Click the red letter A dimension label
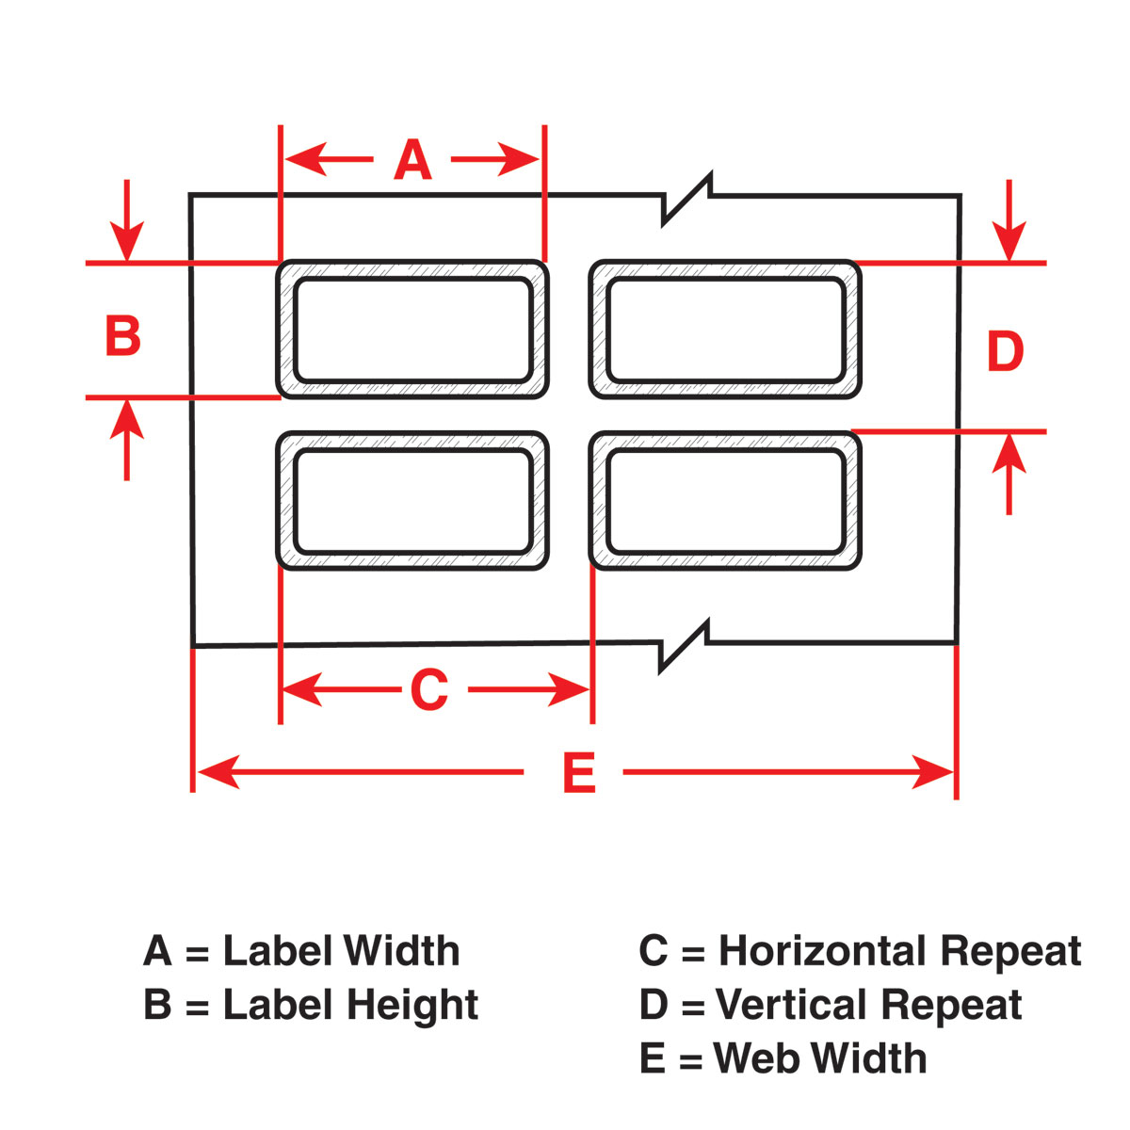tap(412, 159)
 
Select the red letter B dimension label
tap(123, 335)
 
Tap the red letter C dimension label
tap(429, 689)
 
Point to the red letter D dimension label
tap(1005, 350)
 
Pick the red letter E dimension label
tap(579, 772)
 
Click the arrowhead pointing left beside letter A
tap(305, 159)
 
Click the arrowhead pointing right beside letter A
tap(518, 159)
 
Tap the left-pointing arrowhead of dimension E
tap(218, 772)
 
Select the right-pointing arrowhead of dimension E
tap(933, 772)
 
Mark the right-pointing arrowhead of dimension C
tap(569, 689)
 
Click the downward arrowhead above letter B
tap(127, 240)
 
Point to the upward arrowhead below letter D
tap(1009, 453)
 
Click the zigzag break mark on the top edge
tap(686, 200)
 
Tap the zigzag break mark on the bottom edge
tap(684, 646)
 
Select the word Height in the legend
tap(412, 1005)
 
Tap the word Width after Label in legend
tap(401, 950)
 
